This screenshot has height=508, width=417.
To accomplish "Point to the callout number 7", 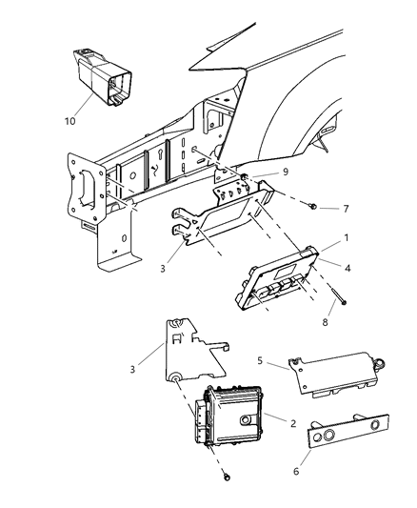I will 319,207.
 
